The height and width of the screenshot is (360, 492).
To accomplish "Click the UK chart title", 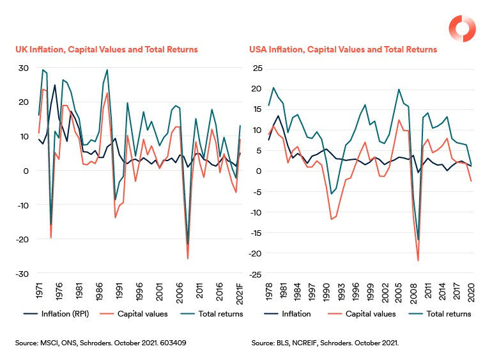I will pyautogui.click(x=107, y=49).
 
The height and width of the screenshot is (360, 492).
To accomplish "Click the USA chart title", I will pyautogui.click(x=342, y=49).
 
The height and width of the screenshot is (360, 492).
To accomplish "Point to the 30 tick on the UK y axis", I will pyautogui.click(x=23, y=68).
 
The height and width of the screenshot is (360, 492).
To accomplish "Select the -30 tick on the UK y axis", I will pyautogui.click(x=21, y=274).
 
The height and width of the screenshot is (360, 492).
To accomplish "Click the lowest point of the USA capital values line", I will pyautogui.click(x=418, y=261).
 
